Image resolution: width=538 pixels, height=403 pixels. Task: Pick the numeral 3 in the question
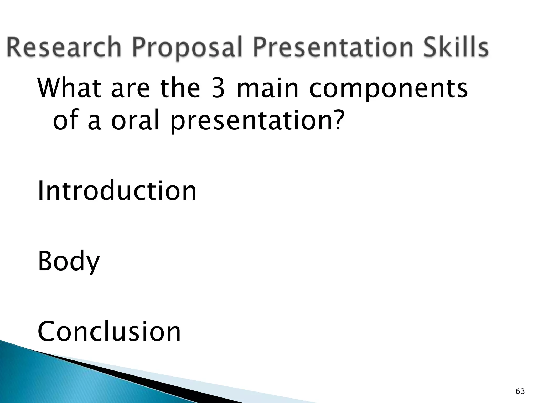[x=218, y=88]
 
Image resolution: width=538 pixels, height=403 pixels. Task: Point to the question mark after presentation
[x=337, y=120]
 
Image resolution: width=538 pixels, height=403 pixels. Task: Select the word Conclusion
[x=109, y=332]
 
